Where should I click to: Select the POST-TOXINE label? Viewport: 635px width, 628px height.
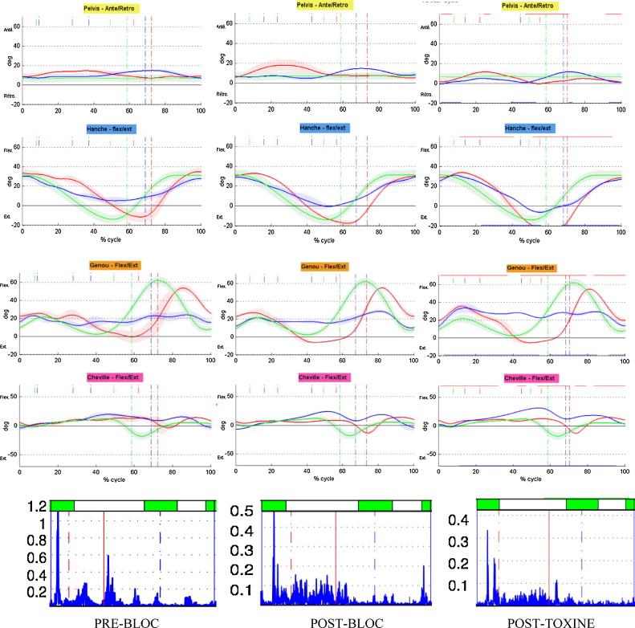point(547,622)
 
